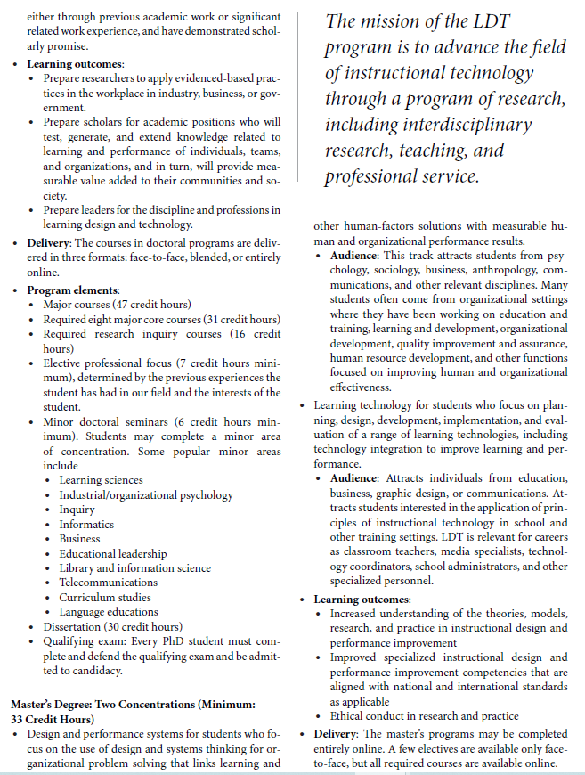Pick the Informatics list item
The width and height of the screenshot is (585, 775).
pyautogui.click(x=86, y=525)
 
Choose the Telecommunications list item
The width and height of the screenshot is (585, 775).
pyautogui.click(x=110, y=583)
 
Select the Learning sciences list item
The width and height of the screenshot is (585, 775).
pyautogui.click(x=101, y=480)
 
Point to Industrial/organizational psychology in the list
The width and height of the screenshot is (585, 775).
pyautogui.click(x=146, y=495)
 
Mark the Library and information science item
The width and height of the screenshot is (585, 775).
pyautogui.click(x=134, y=568)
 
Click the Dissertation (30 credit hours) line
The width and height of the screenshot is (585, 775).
pyautogui.click(x=112, y=626)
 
